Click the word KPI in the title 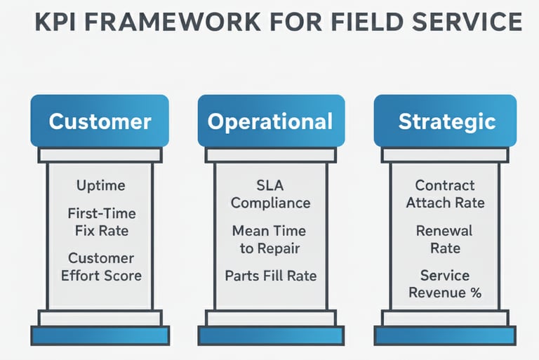coord(55,22)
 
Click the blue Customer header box coord(100,121)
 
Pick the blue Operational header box coord(270,121)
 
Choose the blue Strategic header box coord(446,121)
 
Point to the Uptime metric coord(100,186)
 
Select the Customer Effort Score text coord(101,267)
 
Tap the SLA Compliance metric coord(270,194)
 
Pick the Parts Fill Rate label coord(270,276)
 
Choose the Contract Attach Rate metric coord(445,194)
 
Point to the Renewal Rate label coord(445,239)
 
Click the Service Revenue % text coord(445,284)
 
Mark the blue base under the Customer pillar coord(100,335)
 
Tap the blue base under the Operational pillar coord(270,335)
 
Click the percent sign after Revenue coord(475,293)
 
